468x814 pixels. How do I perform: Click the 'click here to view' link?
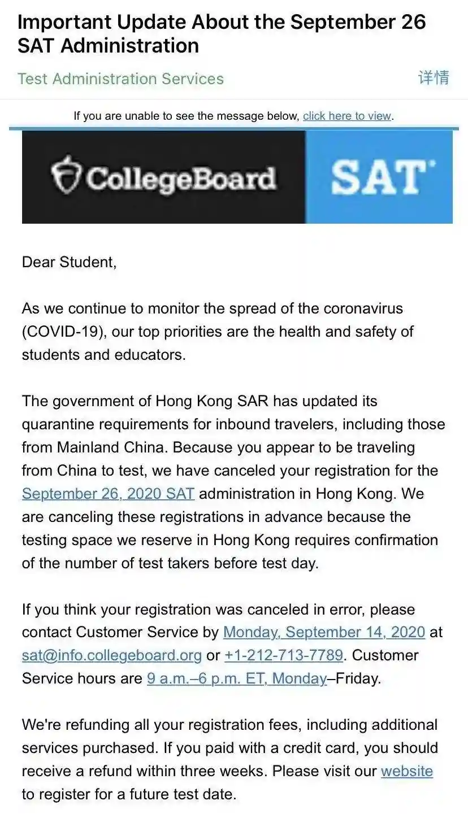347,116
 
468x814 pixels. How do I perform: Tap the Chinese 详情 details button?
434,78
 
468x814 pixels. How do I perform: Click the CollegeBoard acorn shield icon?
66,175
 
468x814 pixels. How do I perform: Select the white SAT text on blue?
379,177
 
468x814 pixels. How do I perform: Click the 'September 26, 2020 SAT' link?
108,494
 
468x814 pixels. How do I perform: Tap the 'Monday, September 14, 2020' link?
324,632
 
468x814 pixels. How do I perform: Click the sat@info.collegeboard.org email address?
111,655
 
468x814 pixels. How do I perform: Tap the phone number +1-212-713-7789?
284,655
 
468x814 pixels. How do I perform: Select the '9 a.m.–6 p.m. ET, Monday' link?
237,678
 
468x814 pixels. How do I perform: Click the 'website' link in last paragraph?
406,771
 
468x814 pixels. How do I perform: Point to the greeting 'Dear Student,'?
69,262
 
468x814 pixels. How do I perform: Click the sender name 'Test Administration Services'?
120,79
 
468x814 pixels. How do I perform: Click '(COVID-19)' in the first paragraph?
62,332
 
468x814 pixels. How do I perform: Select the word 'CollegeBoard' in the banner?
181,178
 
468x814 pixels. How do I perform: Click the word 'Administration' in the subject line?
129,46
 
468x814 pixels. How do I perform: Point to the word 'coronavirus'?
363,309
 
